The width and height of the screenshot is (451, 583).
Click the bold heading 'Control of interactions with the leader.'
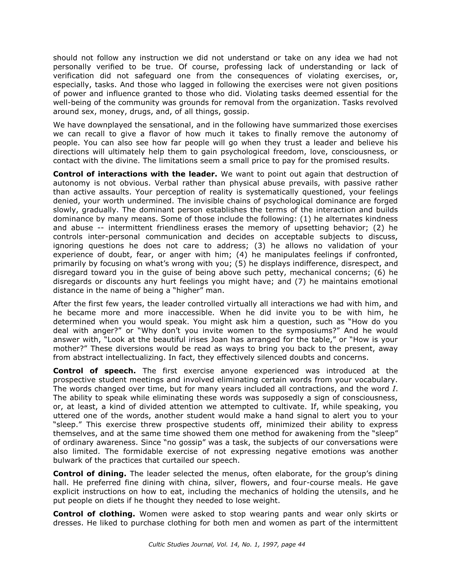click(x=135, y=174)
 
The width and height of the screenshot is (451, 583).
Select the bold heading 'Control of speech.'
click(x=94, y=371)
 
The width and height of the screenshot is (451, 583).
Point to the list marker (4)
click(x=242, y=255)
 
